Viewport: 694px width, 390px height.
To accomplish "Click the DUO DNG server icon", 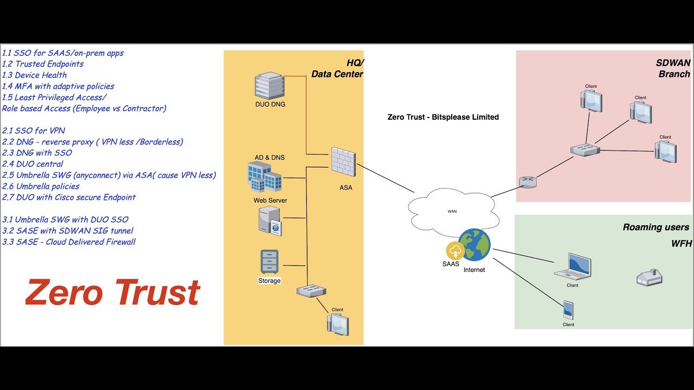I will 269,86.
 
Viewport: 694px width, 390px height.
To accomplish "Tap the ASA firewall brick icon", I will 343,162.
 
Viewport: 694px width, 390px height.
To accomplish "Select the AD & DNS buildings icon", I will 265,177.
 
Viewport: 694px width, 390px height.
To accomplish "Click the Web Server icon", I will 269,221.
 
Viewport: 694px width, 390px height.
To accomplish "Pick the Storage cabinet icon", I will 269,262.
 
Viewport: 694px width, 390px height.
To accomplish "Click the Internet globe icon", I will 474,245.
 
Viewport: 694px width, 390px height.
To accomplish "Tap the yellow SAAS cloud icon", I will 454,251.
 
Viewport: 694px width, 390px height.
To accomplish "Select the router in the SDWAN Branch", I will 527,182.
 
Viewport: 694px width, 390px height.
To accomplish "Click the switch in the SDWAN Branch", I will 584,151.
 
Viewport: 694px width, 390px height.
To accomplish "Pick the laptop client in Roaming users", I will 573,266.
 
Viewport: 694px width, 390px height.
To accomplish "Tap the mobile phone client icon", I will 568,310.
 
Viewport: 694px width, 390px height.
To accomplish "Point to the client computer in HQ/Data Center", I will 337,324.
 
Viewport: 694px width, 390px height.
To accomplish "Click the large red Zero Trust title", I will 113,292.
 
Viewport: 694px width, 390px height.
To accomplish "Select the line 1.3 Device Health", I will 35,75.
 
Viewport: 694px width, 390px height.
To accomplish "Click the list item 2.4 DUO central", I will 33,164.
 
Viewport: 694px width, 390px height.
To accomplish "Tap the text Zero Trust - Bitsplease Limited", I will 443,117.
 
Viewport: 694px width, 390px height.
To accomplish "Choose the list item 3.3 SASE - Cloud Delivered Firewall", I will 69,242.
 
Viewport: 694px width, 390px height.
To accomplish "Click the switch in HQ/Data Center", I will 311,291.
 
